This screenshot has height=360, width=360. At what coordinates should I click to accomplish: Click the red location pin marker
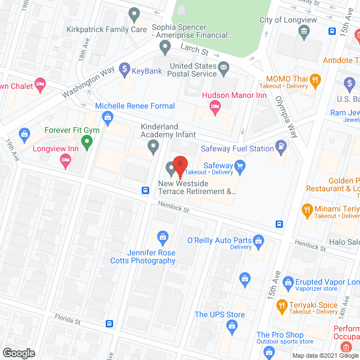click(x=180, y=165)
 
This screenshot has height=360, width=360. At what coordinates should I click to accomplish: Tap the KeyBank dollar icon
click(x=124, y=71)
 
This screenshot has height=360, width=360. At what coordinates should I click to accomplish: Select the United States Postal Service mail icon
click(x=224, y=69)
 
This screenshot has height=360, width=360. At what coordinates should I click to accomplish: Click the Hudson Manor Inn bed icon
click(x=214, y=106)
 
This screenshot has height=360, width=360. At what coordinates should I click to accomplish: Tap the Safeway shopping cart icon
click(x=241, y=165)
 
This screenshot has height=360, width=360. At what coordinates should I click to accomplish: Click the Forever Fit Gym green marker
click(x=87, y=143)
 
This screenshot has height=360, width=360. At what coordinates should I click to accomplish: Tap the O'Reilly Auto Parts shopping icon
click(x=258, y=240)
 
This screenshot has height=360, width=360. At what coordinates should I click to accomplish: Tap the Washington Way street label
click(x=89, y=83)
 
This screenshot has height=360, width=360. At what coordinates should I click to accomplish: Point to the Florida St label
click(x=69, y=319)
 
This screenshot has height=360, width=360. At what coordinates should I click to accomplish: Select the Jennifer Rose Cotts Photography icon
click(x=163, y=238)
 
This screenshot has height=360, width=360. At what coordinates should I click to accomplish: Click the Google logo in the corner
click(x=18, y=353)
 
